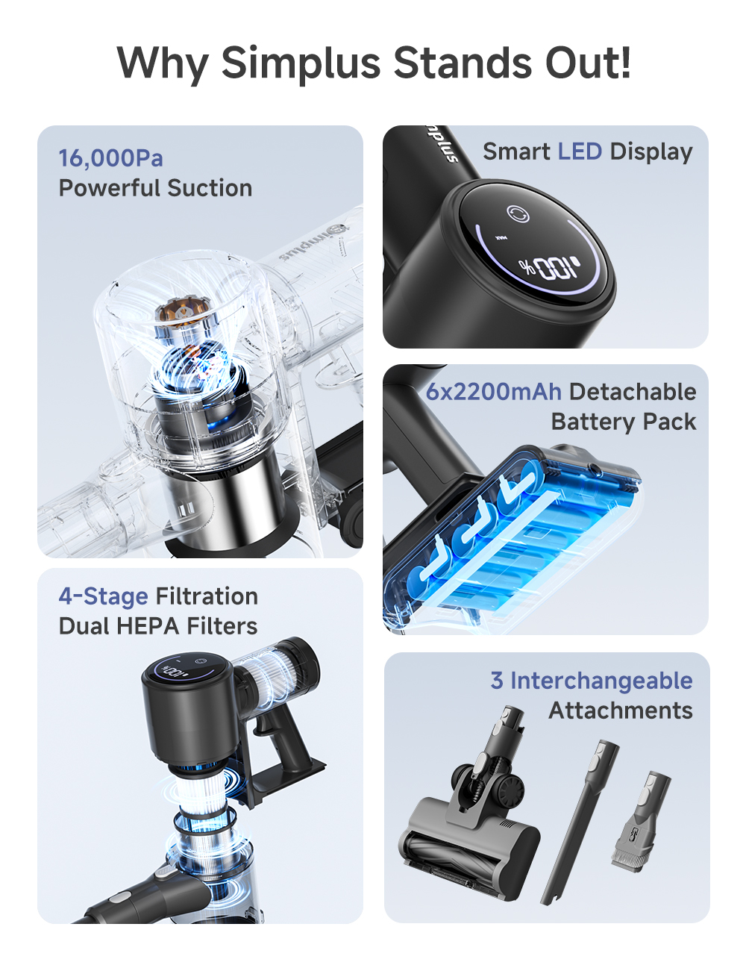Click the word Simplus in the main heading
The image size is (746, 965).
(x=301, y=63)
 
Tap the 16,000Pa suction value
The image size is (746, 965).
(x=110, y=158)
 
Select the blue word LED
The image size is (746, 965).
(x=579, y=152)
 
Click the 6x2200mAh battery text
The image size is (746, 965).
(x=493, y=392)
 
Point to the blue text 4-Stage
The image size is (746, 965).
(x=103, y=596)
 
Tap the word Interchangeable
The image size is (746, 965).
(x=601, y=681)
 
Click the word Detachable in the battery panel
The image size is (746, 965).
(x=632, y=392)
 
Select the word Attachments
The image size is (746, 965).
(x=621, y=711)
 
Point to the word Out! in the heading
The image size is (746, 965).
(x=588, y=63)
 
